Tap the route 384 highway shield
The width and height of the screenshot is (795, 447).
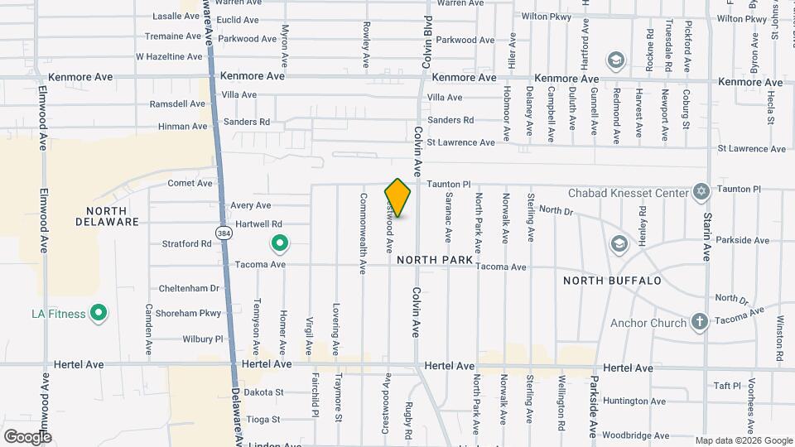pos(224,233)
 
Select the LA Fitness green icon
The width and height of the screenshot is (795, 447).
pos(99,313)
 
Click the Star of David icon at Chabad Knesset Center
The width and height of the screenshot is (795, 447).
pos(701,193)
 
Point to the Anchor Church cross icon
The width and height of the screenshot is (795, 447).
pos(700,323)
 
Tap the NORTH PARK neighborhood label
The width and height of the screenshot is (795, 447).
pos(434,260)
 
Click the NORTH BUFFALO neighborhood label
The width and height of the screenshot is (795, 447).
pos(612,281)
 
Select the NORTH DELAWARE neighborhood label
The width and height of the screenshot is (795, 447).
pos(107,216)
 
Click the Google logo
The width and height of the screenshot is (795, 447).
pos(27,436)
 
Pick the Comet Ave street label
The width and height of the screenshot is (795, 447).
pos(190,183)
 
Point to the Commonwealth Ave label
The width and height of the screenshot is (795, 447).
pos(363,233)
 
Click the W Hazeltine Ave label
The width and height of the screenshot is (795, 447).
pos(169,57)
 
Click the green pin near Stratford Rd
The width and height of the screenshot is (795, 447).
pos(280,243)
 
